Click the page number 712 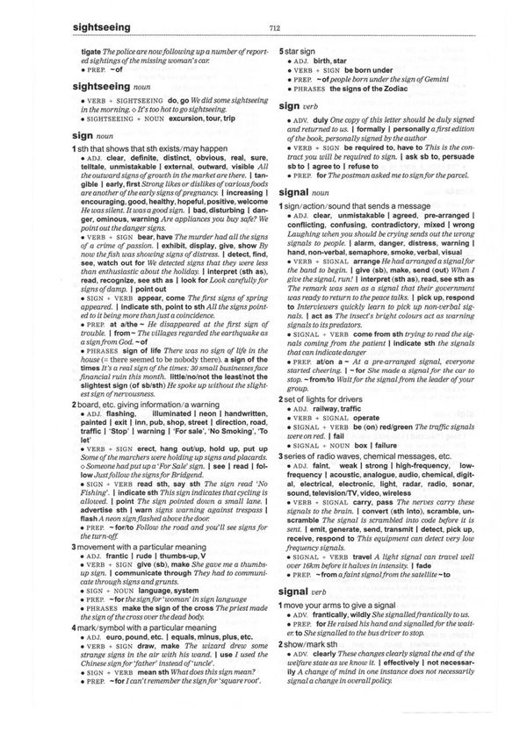[275, 29]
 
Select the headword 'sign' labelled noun [65, 136]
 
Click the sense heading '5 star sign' [300, 52]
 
